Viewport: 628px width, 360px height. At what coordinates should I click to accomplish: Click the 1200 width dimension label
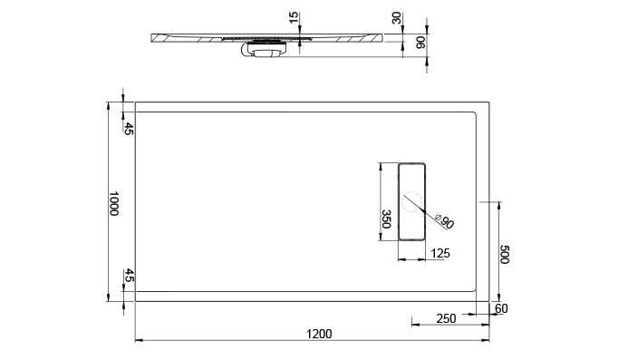[x=319, y=334]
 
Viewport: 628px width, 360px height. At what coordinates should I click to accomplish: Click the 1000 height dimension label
[x=114, y=204]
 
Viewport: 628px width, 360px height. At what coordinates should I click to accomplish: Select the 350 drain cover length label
[x=386, y=219]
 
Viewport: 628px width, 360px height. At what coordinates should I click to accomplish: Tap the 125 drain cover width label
[x=440, y=253]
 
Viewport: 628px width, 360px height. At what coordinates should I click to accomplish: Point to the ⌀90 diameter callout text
[x=445, y=221]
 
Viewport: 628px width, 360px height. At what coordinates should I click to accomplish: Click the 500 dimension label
[x=504, y=255]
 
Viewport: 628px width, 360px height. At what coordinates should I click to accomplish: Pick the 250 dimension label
[x=446, y=318]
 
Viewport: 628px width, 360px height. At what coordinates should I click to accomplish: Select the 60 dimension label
[x=501, y=308]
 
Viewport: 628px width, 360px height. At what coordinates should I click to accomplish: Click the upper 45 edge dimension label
[x=128, y=129]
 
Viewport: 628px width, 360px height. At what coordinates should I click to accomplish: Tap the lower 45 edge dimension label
[x=129, y=275]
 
